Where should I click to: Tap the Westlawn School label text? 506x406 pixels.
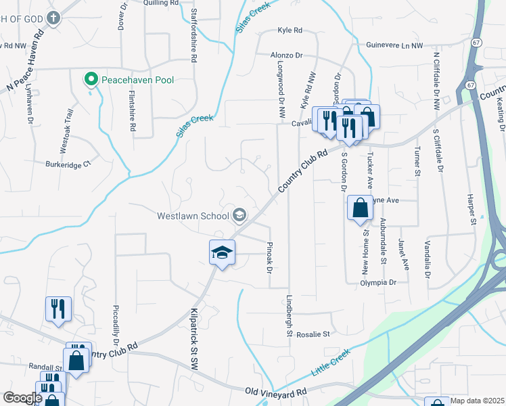tap(192, 217)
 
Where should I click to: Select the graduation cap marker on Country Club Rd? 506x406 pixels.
tap(222, 254)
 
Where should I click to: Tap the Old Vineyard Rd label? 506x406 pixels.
tap(275, 392)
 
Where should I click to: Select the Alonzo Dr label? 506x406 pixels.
tap(287, 57)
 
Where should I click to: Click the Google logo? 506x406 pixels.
tap(22, 398)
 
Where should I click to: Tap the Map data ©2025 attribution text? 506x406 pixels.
tap(476, 401)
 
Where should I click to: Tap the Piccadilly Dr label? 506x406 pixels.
tap(116, 334)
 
